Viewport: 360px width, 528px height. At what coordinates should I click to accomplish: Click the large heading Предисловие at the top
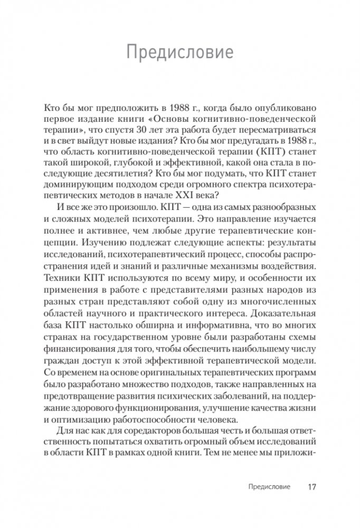coord(180,53)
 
